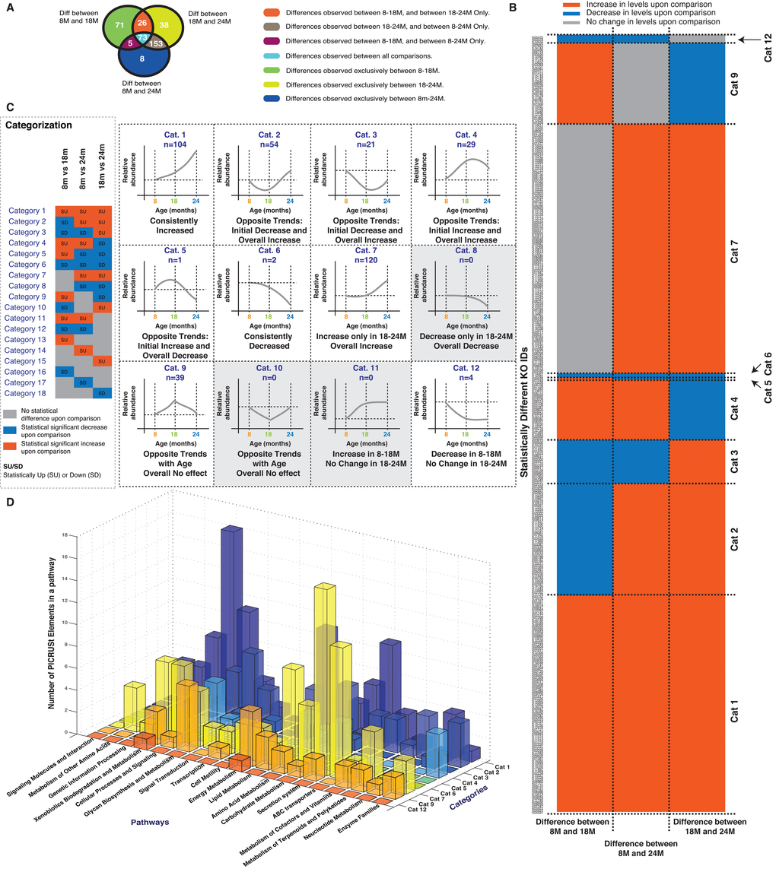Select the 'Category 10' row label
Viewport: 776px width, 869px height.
[27, 307]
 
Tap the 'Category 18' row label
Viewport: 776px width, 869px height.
[27, 393]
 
